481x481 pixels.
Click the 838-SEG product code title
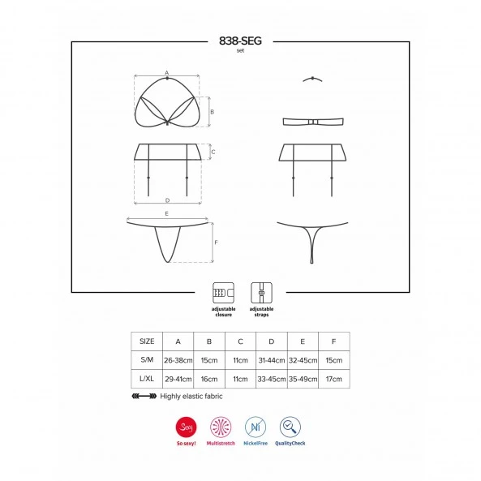[x=240, y=41]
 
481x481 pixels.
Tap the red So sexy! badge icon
[x=187, y=427]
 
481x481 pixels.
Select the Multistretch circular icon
[x=221, y=427]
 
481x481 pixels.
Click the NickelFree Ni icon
[x=256, y=427]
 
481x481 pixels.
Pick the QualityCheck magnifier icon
[x=290, y=427]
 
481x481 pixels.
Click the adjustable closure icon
[x=223, y=293]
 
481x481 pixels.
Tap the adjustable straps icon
[x=261, y=293]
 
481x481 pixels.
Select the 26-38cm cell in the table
[x=178, y=360]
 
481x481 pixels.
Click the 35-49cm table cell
[x=303, y=379]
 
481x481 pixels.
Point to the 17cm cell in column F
[x=333, y=379]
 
